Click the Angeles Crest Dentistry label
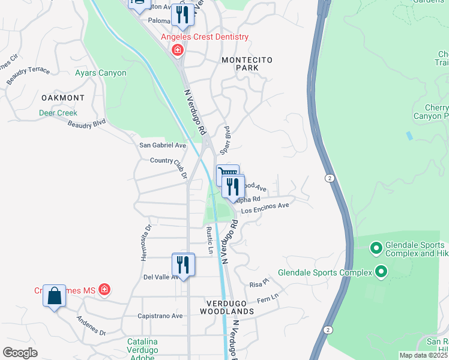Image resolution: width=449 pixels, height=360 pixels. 204,37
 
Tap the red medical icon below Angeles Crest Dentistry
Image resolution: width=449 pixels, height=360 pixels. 177,50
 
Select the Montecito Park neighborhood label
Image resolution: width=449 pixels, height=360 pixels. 247,64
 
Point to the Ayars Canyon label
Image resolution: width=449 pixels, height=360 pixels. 101,73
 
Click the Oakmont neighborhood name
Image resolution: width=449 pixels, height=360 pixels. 63,97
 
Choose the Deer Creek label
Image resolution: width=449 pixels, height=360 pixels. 58,113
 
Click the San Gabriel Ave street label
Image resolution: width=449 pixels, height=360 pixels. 163,145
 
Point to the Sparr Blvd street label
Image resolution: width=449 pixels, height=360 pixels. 227,139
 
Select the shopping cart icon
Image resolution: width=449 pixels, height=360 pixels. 228,174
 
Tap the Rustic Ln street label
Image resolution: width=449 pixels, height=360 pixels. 209,240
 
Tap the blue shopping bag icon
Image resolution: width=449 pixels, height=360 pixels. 54,296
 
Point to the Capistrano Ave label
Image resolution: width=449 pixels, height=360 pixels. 160,316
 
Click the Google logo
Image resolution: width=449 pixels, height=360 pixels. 20,353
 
